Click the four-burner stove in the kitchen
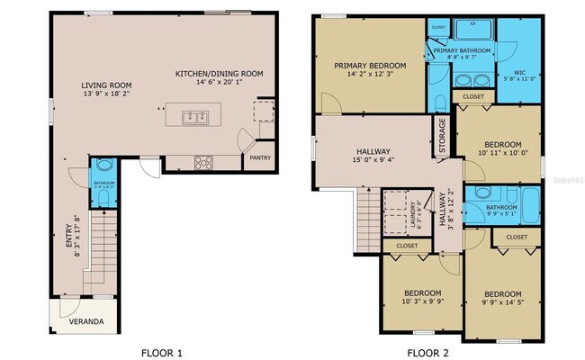pos(204,163)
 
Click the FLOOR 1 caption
pos(163,352)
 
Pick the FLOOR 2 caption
pos(427,352)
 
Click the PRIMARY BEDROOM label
pos(370,66)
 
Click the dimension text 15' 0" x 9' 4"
pos(373,161)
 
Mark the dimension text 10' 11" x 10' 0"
pos(502,154)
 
